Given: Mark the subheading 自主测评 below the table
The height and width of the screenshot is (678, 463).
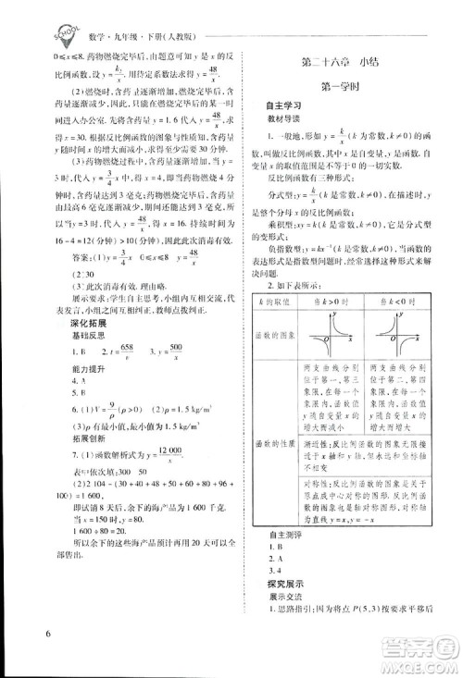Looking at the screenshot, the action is coord(272,535).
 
